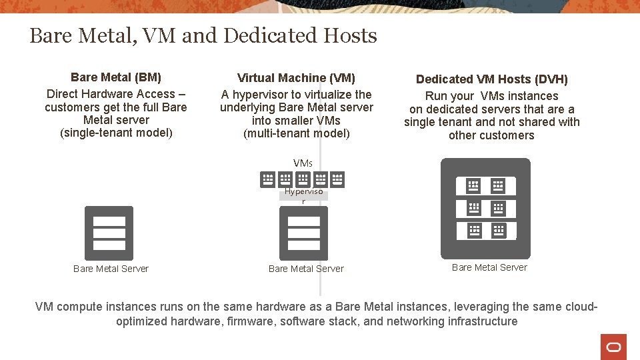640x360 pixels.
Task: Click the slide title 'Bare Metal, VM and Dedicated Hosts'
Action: pyautogui.click(x=203, y=35)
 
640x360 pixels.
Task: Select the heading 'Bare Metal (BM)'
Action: pyautogui.click(x=116, y=77)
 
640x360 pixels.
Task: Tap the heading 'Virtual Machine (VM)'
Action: pyautogui.click(x=297, y=78)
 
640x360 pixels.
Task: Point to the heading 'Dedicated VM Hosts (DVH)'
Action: pyautogui.click(x=492, y=79)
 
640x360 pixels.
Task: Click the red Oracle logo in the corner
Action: pyautogui.click(x=613, y=347)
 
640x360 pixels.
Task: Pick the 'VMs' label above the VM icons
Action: pyautogui.click(x=303, y=163)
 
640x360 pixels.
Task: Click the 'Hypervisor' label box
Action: pyautogui.click(x=303, y=195)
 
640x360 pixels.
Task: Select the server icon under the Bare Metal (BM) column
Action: pyautogui.click(x=109, y=233)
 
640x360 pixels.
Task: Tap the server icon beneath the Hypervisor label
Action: pyautogui.click(x=303, y=233)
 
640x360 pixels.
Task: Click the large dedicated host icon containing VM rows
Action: pyautogui.click(x=485, y=208)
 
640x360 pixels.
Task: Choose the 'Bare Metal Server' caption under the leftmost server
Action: pyautogui.click(x=111, y=269)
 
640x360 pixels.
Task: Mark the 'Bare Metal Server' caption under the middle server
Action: pyautogui.click(x=306, y=269)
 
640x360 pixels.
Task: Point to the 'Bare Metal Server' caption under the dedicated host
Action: pyautogui.click(x=489, y=267)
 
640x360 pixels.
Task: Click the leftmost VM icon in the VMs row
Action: pyautogui.click(x=267, y=179)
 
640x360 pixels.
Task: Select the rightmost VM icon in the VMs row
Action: pyautogui.click(x=337, y=179)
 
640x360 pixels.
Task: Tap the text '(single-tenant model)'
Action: pyautogui.click(x=116, y=133)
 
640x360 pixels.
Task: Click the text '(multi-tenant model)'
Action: pyautogui.click(x=297, y=133)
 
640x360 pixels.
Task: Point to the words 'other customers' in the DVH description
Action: pyautogui.click(x=491, y=135)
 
